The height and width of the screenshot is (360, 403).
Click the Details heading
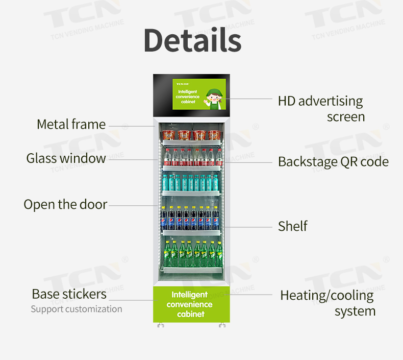tap(192, 40)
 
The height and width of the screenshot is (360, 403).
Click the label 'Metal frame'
tap(71, 124)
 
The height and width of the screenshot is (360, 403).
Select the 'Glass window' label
tap(66, 158)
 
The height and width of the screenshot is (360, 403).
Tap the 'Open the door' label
tap(65, 204)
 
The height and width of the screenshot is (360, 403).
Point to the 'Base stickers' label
tap(69, 294)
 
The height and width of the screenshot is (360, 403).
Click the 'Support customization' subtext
tap(76, 309)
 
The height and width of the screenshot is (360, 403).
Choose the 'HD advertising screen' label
tap(321, 108)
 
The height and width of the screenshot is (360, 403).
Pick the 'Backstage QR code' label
tap(333, 162)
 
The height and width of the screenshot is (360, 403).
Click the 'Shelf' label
tap(292, 226)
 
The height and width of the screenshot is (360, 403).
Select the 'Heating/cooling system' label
tap(328, 303)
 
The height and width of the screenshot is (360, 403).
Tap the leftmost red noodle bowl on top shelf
tap(168, 135)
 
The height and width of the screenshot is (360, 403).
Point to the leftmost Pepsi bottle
tap(164, 218)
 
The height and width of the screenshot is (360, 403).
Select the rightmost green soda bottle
tap(219, 251)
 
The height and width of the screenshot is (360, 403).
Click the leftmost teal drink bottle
tap(165, 182)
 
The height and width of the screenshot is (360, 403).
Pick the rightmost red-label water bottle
tap(219, 157)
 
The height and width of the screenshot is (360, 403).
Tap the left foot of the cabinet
tap(161, 325)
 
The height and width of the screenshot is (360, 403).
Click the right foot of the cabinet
tap(222, 325)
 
